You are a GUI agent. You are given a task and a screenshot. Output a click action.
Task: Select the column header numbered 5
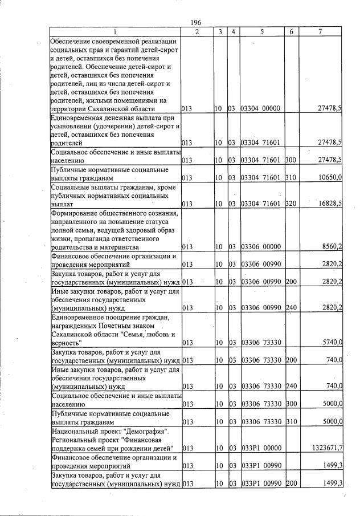(261, 32)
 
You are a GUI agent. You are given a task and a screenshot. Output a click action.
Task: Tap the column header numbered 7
(321, 32)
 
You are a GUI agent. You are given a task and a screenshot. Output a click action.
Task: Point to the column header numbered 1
(114, 32)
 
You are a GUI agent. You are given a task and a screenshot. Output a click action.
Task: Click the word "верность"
(66, 343)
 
